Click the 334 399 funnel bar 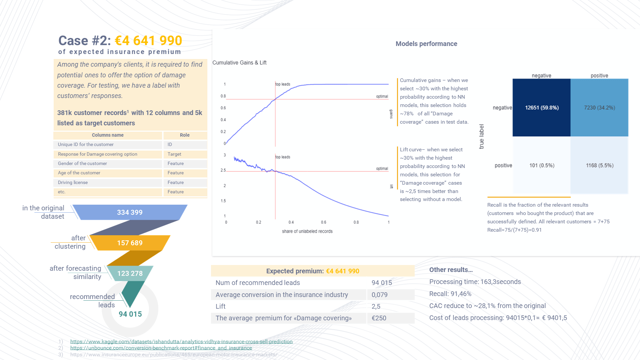[130, 212]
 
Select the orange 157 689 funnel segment [130, 243]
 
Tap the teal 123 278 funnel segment [130, 273]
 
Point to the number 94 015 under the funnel [130, 314]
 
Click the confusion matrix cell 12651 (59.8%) [542, 108]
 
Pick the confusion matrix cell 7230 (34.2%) [599, 108]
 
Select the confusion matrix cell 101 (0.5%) [542, 165]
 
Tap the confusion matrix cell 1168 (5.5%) [599, 165]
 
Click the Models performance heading [426, 44]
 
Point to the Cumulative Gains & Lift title [239, 63]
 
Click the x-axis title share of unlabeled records [307, 231]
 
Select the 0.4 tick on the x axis [291, 222]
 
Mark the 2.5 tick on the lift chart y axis [223, 170]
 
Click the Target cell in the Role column [174, 154]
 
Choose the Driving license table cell [73, 182]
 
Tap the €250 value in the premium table [379, 318]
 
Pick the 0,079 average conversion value [380, 295]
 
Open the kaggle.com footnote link [181, 341]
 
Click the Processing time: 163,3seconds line [475, 282]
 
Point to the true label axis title [481, 136]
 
